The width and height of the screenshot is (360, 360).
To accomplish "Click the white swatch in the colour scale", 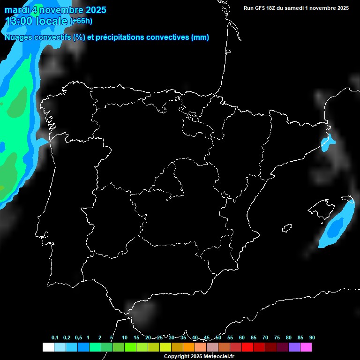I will point(48,347).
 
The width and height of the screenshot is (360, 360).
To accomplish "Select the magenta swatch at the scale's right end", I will point(306,347).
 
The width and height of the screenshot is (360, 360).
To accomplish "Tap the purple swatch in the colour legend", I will point(294,347).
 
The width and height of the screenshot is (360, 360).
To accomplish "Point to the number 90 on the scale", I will point(312,338).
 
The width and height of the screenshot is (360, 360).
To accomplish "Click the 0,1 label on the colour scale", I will point(55,338).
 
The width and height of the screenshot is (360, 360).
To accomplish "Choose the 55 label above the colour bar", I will point(230,338).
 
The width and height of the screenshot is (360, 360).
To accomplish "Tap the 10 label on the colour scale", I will point(124,338).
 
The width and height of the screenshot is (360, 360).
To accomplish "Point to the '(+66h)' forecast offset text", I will point(81,21).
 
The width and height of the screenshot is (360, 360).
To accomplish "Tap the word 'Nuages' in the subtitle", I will point(18,37).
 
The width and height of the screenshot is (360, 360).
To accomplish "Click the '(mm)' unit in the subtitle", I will point(200,37).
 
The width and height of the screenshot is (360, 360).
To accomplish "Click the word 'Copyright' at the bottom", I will point(177,357).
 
